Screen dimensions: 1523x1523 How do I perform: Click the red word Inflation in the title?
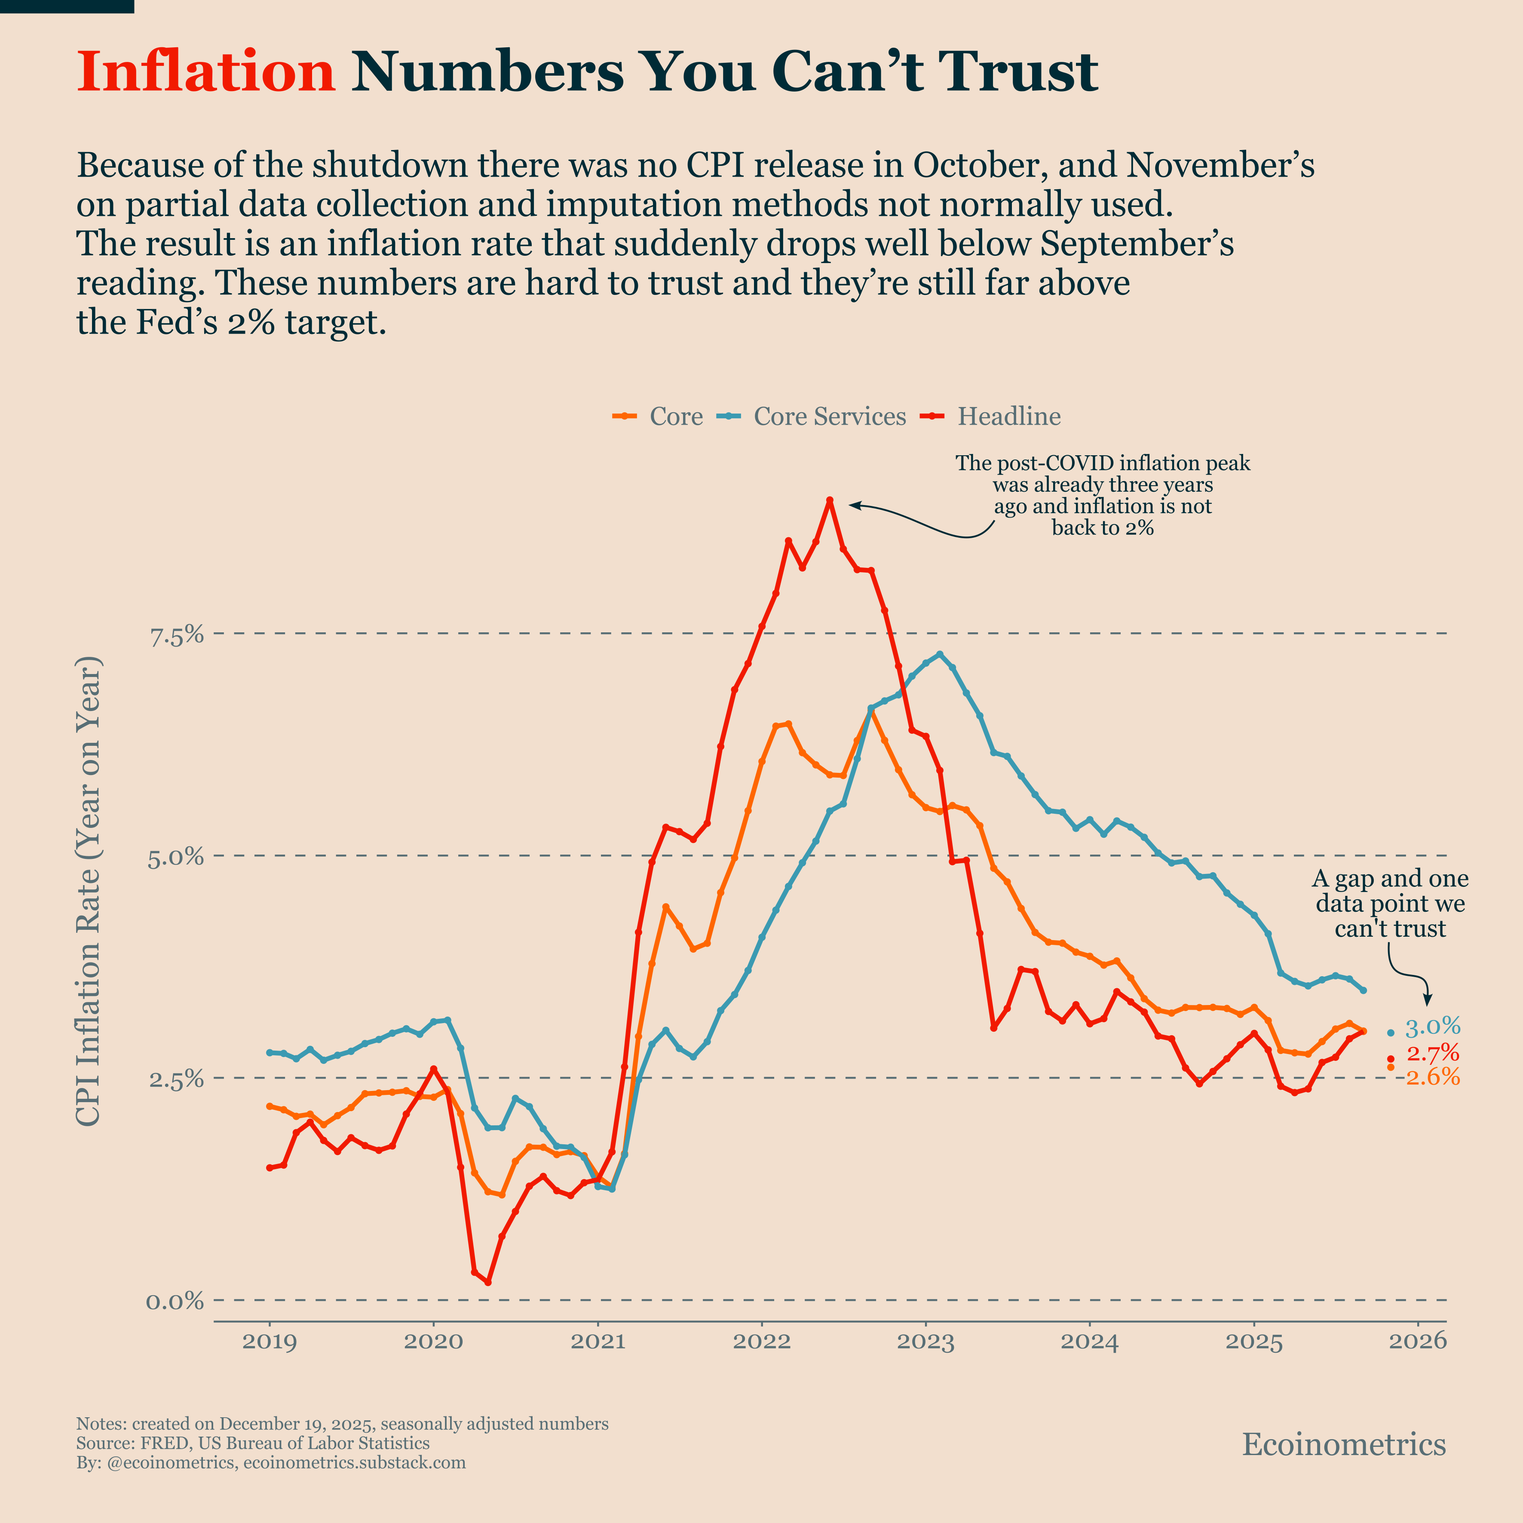tap(206, 73)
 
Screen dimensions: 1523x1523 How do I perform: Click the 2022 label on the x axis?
tap(762, 1342)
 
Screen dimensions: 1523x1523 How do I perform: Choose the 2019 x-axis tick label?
tap(270, 1342)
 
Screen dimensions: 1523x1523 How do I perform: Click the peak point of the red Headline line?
tap(829, 500)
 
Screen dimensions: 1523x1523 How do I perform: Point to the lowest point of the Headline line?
tap(488, 1283)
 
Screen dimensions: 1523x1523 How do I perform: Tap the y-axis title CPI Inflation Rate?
tap(88, 891)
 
